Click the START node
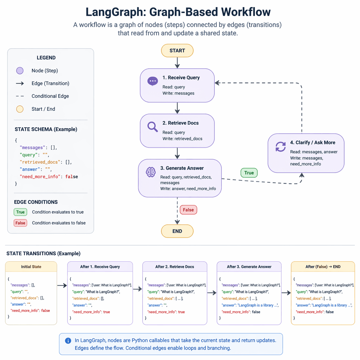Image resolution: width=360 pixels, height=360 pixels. coord(177,51)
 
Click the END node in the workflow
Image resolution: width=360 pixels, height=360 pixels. coord(177,231)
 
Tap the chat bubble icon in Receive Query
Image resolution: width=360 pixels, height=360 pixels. coord(152,81)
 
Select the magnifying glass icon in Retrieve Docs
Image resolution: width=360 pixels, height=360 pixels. coord(152,127)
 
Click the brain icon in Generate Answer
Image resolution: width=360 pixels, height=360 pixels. coord(150,172)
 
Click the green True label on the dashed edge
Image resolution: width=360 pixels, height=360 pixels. coord(249,173)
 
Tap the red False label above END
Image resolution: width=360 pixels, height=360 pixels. coord(188,210)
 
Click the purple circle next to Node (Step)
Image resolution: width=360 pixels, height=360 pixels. coord(20,71)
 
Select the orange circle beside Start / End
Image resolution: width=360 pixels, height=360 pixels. coord(20,109)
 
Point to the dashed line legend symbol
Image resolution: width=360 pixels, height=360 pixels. coord(20,96)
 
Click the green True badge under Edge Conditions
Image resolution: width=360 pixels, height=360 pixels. coord(20,212)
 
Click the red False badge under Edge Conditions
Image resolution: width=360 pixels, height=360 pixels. coord(20,223)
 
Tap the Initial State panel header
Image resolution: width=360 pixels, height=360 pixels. coord(31,266)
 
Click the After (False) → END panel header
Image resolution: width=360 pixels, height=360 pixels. coord(323,266)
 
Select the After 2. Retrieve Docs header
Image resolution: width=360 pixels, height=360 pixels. coord(175,266)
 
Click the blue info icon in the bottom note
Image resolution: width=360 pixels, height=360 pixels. coord(68,341)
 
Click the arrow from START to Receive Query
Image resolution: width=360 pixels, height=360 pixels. coord(177,63)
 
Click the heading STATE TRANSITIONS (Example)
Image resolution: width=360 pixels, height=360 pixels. coord(43,253)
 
